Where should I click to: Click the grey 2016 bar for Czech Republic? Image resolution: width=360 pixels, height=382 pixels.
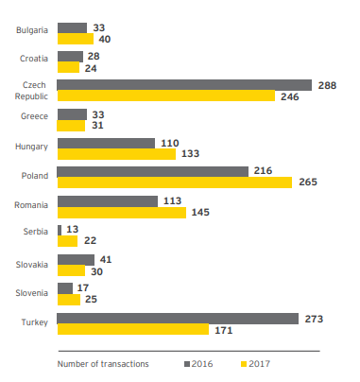(x=184, y=85)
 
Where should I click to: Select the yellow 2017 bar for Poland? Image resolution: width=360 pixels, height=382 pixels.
(x=175, y=182)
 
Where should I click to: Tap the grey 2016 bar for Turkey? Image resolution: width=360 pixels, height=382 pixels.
(x=178, y=319)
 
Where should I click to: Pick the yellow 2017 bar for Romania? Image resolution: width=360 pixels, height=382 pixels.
(x=122, y=213)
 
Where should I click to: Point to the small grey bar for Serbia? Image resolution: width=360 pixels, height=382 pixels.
(x=60, y=230)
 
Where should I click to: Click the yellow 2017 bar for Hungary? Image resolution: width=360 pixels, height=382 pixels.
(x=116, y=154)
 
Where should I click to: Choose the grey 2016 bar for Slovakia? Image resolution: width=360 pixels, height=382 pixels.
(x=76, y=260)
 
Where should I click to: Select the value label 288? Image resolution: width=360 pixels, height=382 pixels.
(x=327, y=85)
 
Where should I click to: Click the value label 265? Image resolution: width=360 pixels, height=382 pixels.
(x=308, y=182)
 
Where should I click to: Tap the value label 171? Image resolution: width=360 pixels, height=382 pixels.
(x=224, y=330)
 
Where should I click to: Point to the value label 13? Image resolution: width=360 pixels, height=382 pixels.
(x=73, y=229)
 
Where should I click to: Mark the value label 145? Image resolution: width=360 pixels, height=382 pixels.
(x=200, y=212)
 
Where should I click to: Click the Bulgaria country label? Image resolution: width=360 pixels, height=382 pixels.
(x=32, y=30)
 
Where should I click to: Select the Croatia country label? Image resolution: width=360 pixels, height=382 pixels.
(x=34, y=59)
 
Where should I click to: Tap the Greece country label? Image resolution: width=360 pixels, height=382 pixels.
(x=34, y=116)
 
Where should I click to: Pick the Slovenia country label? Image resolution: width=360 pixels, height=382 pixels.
(x=32, y=293)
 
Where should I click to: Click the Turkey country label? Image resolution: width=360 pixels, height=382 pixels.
(x=35, y=322)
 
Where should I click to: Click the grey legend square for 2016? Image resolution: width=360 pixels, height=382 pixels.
(x=187, y=364)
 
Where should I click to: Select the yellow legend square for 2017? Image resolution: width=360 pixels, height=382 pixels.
(x=244, y=364)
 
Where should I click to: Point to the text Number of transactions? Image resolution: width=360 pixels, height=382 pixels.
(x=103, y=364)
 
